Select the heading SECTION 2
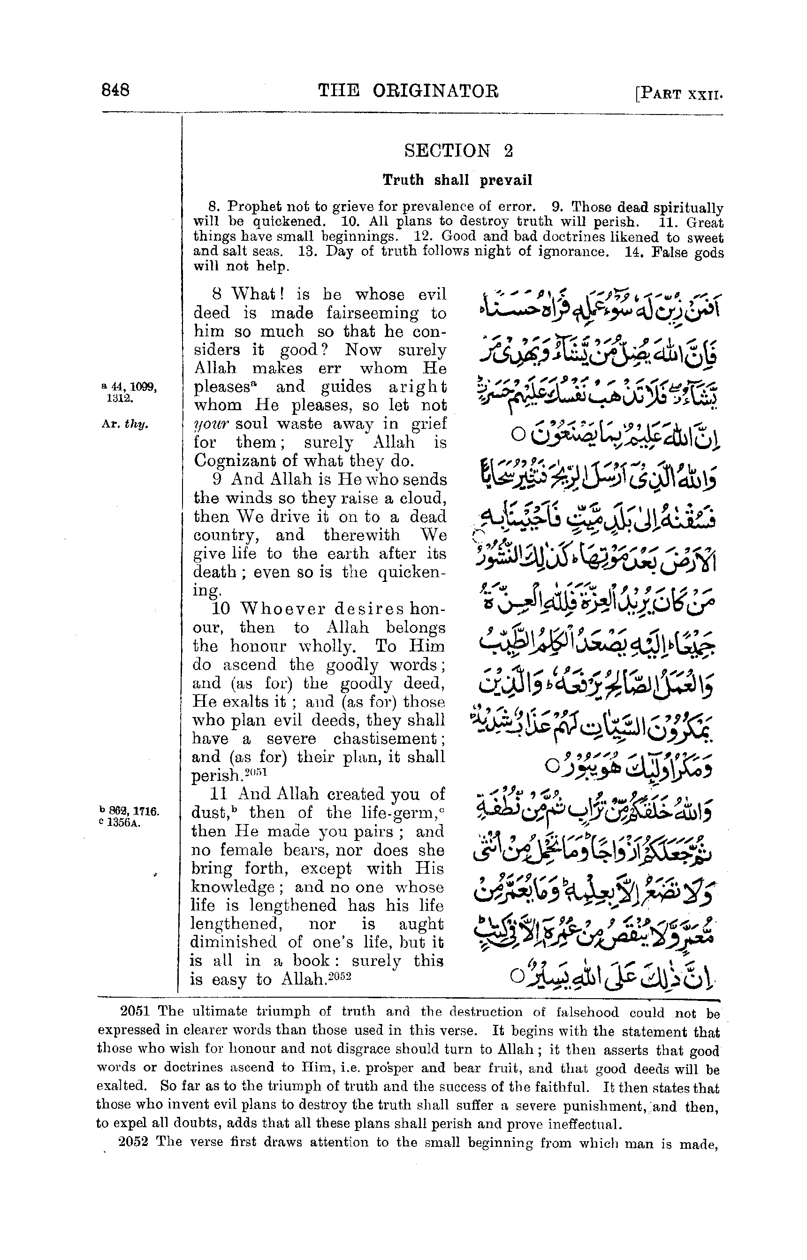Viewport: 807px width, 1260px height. [x=458, y=151]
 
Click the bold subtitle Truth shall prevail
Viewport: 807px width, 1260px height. [x=457, y=180]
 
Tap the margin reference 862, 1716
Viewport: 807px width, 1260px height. [x=131, y=812]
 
